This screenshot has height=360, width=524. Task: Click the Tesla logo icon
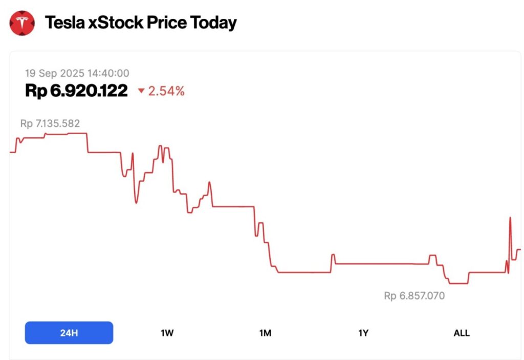pyautogui.click(x=23, y=23)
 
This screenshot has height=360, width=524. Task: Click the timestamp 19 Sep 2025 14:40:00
pyautogui.click(x=77, y=73)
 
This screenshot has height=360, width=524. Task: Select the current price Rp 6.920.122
pyautogui.click(x=76, y=91)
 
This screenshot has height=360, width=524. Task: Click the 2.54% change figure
pyautogui.click(x=166, y=92)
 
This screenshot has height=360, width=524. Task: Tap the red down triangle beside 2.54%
pyautogui.click(x=141, y=92)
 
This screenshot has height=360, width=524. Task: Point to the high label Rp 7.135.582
pyautogui.click(x=50, y=123)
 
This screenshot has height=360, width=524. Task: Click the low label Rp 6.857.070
pyautogui.click(x=414, y=296)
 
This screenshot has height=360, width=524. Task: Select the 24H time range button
pyautogui.click(x=69, y=333)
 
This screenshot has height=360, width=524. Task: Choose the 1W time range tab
pyautogui.click(x=167, y=333)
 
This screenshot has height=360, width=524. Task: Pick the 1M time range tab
pyautogui.click(x=265, y=333)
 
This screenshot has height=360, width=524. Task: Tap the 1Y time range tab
pyautogui.click(x=363, y=333)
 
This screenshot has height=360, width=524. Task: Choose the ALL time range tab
pyautogui.click(x=461, y=333)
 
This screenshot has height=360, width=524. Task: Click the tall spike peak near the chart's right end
pyautogui.click(x=510, y=218)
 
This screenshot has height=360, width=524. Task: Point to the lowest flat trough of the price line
pyautogui.click(x=458, y=283)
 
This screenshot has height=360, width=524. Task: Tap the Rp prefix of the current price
pyautogui.click(x=36, y=91)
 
